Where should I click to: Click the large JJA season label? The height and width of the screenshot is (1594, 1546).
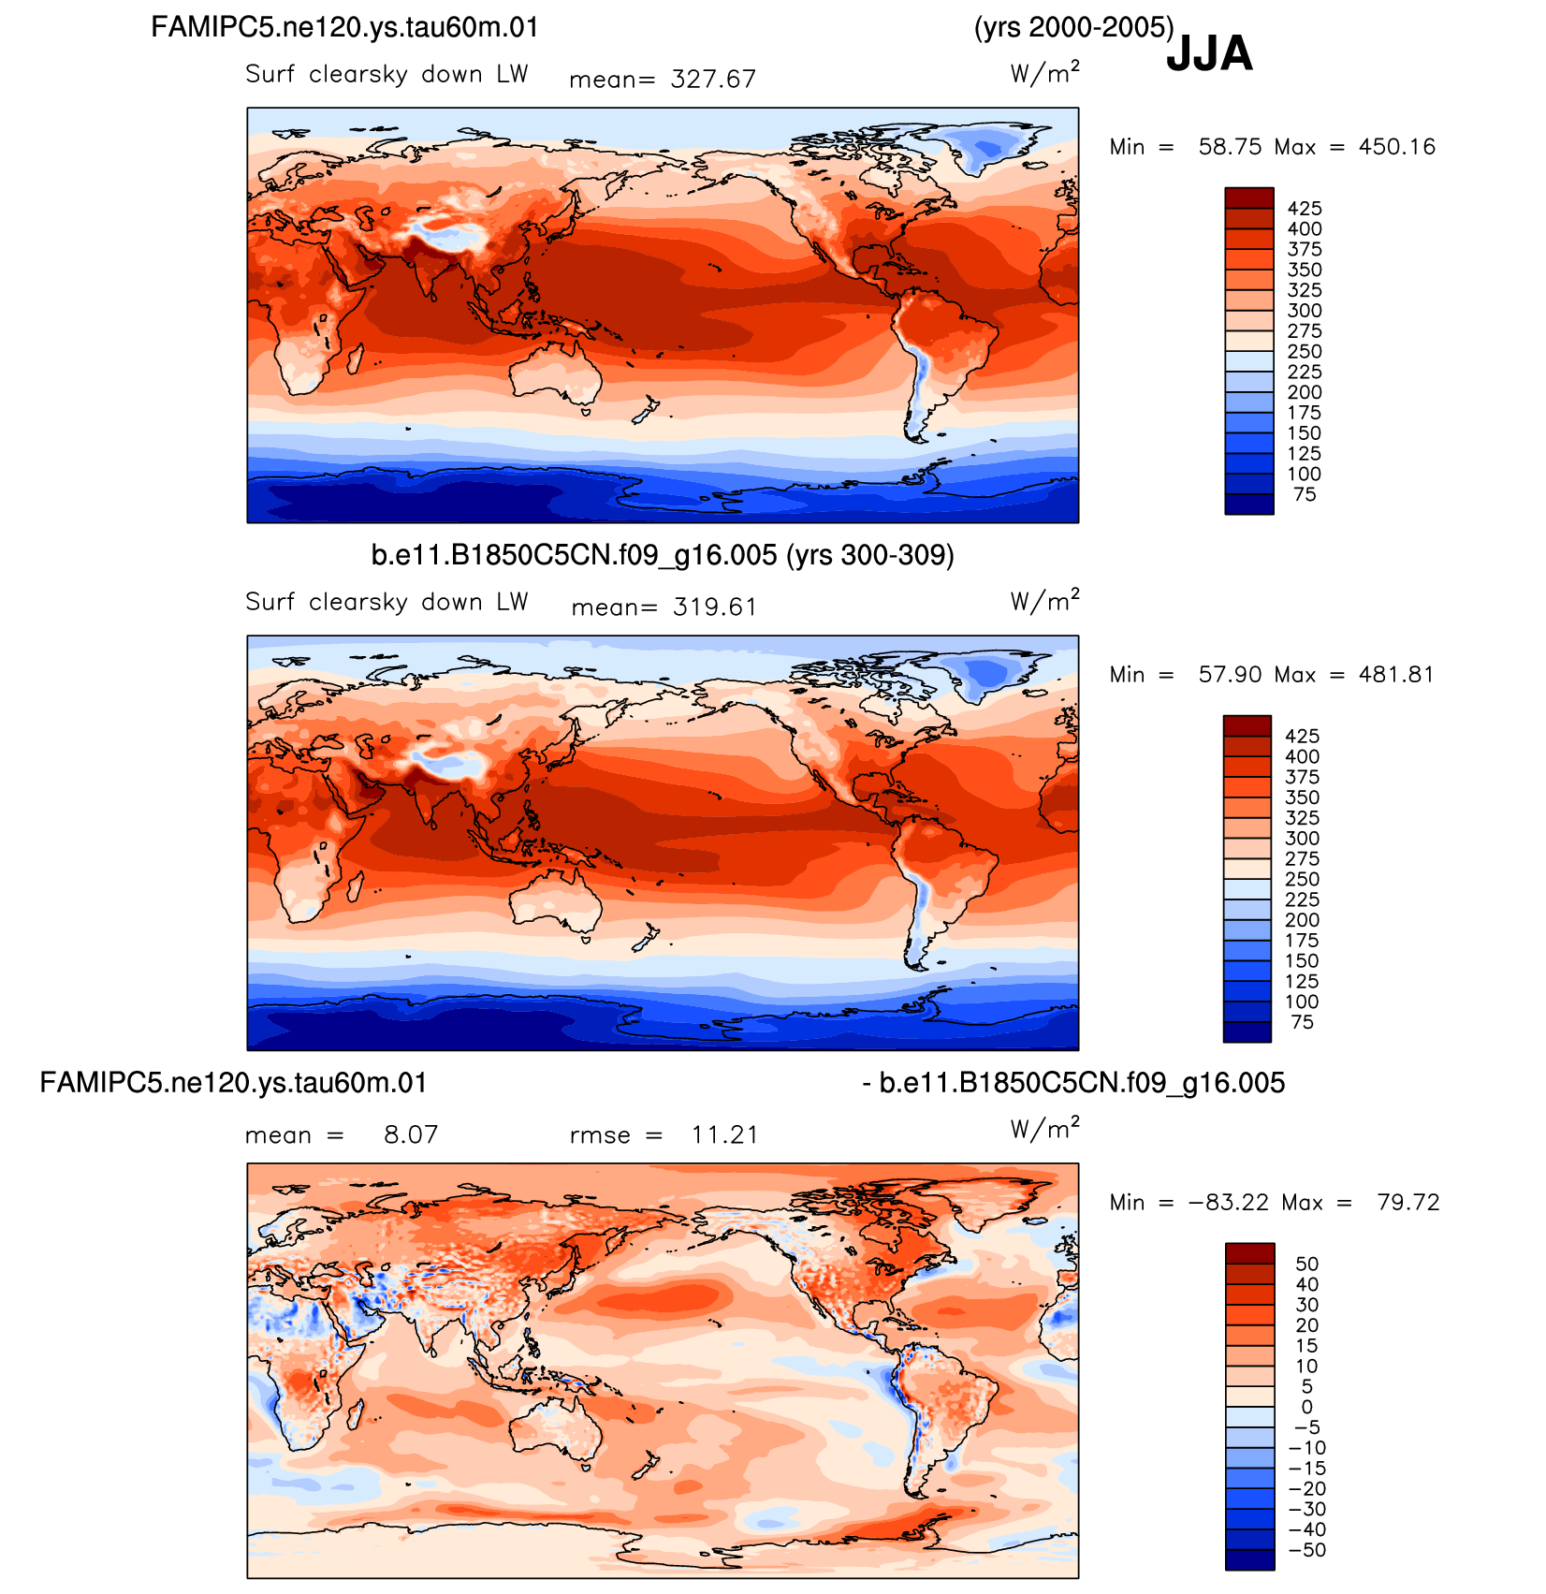coord(1209,53)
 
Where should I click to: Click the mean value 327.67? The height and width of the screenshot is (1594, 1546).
coord(713,80)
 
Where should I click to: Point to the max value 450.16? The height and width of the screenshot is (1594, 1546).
coord(1396,147)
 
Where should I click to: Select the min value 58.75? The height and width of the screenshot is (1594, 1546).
coord(1230,147)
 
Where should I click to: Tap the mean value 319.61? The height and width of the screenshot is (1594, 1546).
coord(715,607)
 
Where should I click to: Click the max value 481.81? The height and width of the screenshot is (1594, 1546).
coord(1395,675)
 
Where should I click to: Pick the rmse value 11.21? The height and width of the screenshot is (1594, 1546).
coord(724,1135)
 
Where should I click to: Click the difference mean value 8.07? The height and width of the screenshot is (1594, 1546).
coord(411,1135)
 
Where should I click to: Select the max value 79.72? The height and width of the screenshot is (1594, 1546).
coord(1408,1203)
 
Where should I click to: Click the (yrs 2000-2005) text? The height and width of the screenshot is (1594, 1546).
coord(1074,28)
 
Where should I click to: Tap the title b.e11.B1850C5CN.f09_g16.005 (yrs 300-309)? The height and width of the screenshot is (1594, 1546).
coord(663,556)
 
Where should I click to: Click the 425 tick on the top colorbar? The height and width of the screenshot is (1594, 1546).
coord(1305,209)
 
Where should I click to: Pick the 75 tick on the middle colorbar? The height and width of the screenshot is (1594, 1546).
coord(1303,1023)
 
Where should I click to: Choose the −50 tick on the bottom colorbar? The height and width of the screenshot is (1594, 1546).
coord(1307,1551)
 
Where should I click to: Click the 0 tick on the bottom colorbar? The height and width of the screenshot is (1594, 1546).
coord(1307,1408)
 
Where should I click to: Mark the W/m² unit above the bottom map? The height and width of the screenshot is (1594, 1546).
coord(1044,1130)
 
